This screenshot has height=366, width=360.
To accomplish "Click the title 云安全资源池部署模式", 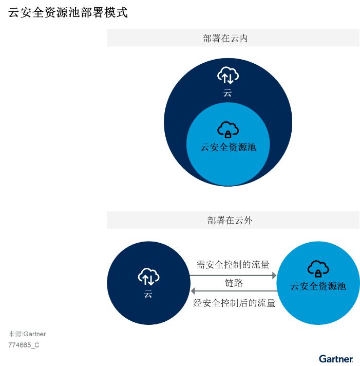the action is click(x=68, y=12).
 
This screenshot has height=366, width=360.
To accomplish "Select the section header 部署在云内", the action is click(x=225, y=38).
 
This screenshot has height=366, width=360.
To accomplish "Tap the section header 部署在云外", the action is click(x=230, y=221).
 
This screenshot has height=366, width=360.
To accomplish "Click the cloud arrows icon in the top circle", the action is click(x=228, y=76).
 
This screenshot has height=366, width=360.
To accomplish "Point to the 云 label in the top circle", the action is click(x=228, y=93).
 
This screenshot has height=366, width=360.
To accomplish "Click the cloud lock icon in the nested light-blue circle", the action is click(x=228, y=130).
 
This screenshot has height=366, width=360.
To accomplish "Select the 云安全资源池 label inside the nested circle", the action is click(x=228, y=148).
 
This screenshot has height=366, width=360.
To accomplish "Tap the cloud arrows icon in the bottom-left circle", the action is click(x=148, y=277).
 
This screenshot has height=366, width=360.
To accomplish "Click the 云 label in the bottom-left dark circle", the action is click(x=148, y=294).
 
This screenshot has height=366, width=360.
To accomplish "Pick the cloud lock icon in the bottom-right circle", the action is click(x=318, y=269).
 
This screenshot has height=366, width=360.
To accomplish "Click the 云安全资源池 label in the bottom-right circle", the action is click(x=318, y=286).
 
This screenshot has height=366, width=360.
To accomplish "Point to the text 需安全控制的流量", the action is click(x=233, y=265).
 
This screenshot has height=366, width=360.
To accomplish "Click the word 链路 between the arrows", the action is click(x=234, y=283).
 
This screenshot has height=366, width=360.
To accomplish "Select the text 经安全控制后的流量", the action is click(x=234, y=303).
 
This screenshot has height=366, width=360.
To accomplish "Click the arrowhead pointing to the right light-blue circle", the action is click(x=274, y=276).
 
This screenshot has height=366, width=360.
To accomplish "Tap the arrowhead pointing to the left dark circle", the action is click(x=193, y=291).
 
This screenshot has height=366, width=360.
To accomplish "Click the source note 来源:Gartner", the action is click(x=27, y=334).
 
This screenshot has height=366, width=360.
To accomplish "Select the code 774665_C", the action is click(x=24, y=345).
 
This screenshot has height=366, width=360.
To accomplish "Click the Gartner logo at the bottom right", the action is click(x=336, y=359).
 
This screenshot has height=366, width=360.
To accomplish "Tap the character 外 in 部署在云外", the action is click(x=248, y=221).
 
